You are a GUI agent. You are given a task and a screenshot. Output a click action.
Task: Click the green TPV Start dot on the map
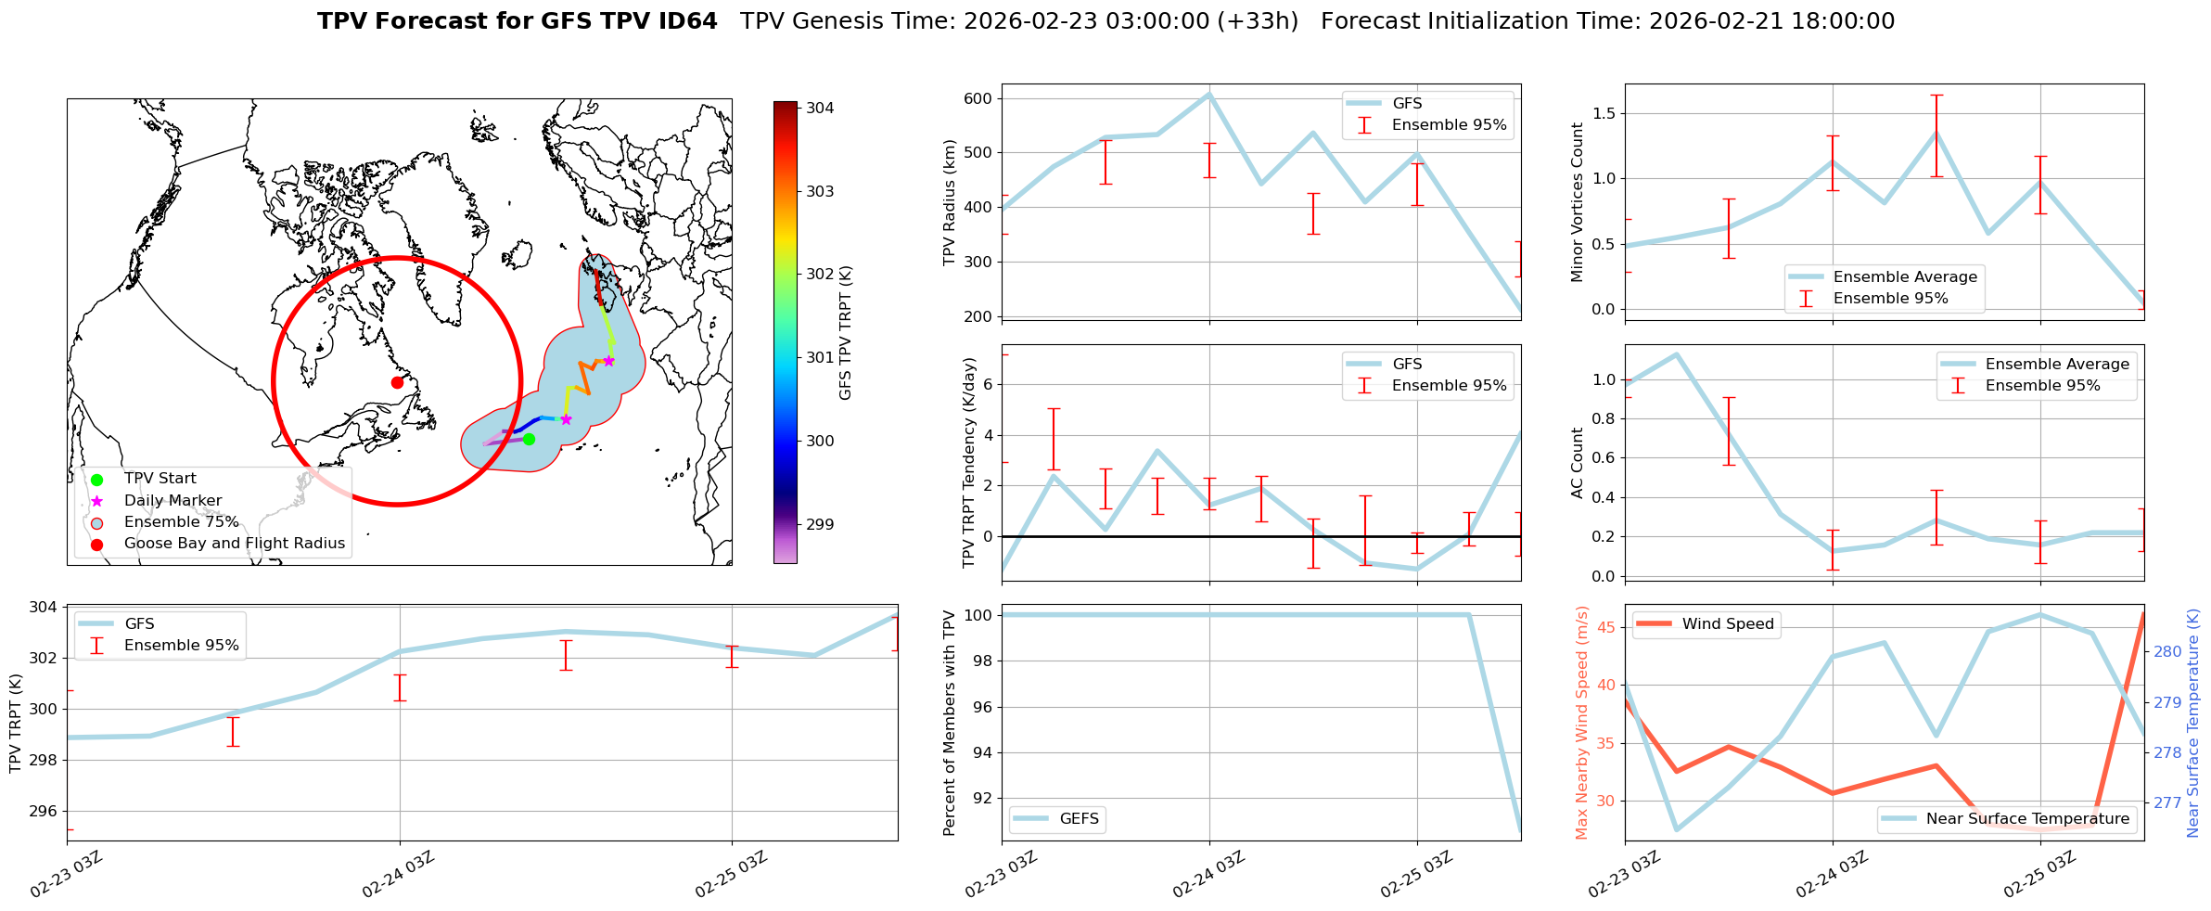coord(529,439)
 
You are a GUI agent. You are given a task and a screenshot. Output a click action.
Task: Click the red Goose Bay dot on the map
coord(397,382)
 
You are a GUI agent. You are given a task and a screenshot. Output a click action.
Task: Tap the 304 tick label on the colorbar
coord(820,108)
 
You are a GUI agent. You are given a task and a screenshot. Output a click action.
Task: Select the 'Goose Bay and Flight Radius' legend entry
coord(234,544)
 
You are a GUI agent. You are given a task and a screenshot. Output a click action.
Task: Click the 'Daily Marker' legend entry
coord(173,501)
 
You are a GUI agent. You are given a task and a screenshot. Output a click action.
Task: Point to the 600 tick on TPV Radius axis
coord(980,98)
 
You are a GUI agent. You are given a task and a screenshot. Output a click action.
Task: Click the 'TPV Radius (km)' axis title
coord(949,202)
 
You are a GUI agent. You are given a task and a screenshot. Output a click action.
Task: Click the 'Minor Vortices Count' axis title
coord(1578,202)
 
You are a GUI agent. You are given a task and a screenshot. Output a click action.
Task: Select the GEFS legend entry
coord(1079,819)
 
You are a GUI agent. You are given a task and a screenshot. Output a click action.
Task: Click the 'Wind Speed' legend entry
coord(1728,624)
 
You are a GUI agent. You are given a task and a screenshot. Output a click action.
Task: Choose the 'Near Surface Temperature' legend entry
coord(2027,819)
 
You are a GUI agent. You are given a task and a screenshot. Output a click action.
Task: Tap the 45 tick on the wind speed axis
coord(1604,628)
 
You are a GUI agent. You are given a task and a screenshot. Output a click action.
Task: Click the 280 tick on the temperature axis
coord(2167,651)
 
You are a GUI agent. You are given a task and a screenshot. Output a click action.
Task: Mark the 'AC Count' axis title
coord(1578,463)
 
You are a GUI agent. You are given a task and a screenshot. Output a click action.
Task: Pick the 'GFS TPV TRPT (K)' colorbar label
coord(845,332)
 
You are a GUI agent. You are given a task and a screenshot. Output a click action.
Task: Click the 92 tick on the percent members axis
coord(981,798)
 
